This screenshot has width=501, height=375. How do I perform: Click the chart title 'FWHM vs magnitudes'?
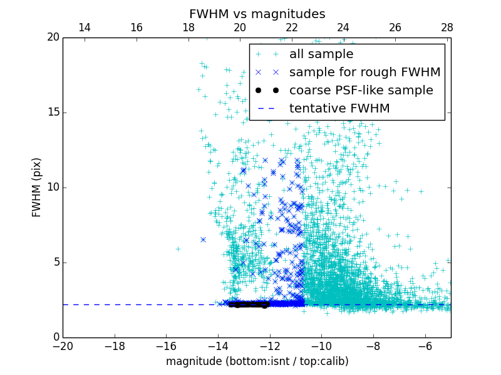(x=257, y=14)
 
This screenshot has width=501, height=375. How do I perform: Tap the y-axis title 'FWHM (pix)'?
(x=37, y=187)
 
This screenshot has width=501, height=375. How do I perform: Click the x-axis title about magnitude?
(x=257, y=361)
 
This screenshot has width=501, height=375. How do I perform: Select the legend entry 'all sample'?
(x=321, y=54)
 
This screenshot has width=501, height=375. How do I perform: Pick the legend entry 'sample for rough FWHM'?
(x=364, y=72)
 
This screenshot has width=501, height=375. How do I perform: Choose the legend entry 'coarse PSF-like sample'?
(x=361, y=91)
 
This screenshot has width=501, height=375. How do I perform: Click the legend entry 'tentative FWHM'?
(x=339, y=109)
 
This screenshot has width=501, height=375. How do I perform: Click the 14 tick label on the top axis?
(x=84, y=27)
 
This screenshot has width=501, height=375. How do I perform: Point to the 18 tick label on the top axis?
(x=188, y=27)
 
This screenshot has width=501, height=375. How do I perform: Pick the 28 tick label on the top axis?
(x=447, y=27)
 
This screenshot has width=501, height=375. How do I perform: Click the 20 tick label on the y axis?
(x=53, y=37)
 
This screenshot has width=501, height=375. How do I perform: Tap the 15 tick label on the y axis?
(x=53, y=112)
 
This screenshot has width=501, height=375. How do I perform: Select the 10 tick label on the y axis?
(x=53, y=187)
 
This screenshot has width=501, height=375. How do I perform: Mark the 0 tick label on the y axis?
(x=56, y=337)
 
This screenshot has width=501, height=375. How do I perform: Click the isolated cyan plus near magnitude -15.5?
(x=178, y=249)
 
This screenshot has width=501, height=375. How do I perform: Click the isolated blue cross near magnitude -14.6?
(x=203, y=239)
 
